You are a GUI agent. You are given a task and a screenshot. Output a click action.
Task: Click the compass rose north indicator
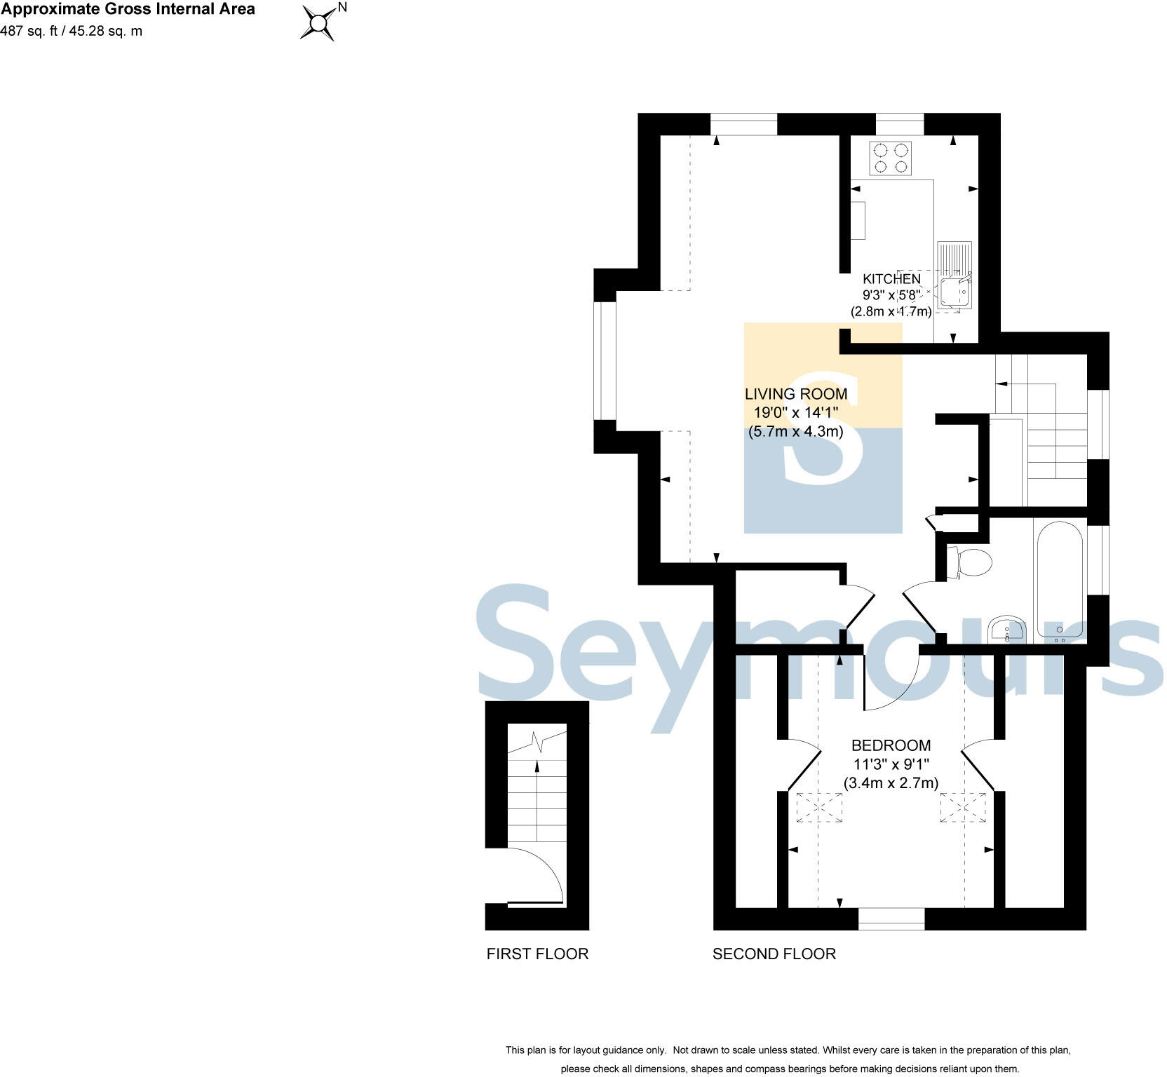(x=319, y=23)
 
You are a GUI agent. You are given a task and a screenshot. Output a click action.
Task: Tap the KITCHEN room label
(x=891, y=279)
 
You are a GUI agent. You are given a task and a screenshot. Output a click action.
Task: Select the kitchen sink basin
(x=954, y=293)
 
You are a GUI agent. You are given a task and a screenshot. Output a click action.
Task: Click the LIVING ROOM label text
(x=795, y=394)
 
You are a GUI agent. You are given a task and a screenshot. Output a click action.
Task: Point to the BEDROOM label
(x=891, y=745)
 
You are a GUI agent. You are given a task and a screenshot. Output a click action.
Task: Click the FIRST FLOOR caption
(x=537, y=954)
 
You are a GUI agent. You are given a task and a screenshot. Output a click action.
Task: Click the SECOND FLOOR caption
(x=774, y=954)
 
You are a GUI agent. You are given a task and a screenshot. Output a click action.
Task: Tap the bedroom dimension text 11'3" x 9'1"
(x=891, y=764)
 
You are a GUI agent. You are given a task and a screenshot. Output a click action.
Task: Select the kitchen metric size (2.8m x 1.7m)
(x=891, y=311)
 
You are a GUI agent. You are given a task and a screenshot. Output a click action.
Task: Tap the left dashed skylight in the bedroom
(x=819, y=806)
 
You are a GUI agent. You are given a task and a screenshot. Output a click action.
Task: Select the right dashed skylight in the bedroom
(x=963, y=806)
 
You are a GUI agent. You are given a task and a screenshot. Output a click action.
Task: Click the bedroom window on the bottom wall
(x=891, y=919)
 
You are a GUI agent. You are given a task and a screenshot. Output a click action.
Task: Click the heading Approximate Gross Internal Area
(x=128, y=10)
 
